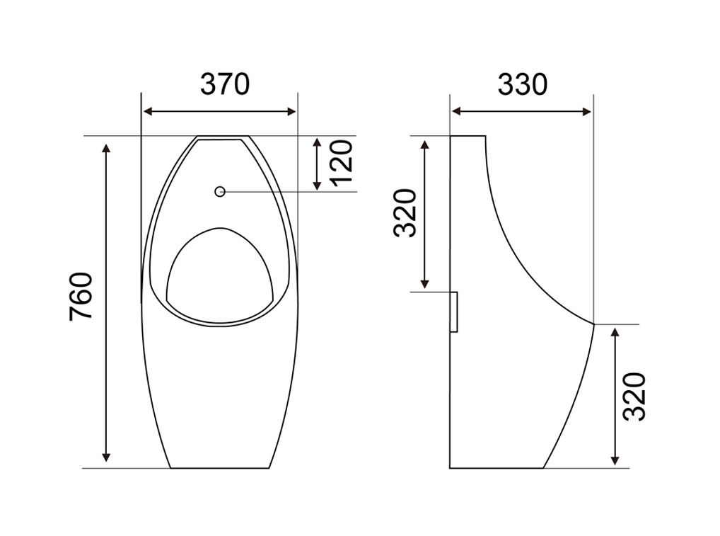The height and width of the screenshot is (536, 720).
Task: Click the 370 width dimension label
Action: point(225,84)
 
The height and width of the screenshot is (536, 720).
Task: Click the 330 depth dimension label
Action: point(523,84)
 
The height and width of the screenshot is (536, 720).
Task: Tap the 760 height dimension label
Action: point(81,297)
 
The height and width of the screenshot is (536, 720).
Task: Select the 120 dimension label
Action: point(342,163)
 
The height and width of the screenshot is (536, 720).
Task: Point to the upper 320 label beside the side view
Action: point(405,213)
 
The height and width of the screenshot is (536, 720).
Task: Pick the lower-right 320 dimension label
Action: point(634,397)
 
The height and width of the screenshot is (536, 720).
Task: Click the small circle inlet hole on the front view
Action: point(220,192)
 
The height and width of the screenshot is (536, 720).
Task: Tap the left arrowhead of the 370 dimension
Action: point(148,111)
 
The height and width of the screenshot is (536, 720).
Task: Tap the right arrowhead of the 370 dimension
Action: point(291,111)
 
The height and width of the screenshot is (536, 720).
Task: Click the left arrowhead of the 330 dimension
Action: point(456,111)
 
